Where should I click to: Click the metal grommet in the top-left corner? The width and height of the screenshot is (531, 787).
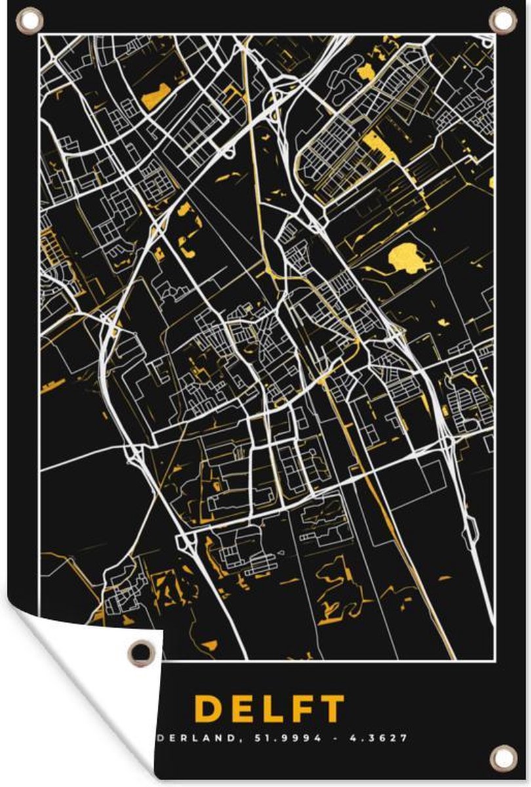(28, 20)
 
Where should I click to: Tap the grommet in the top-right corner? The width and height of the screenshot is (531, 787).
(503, 20)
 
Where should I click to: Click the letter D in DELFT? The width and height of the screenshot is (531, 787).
(208, 709)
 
